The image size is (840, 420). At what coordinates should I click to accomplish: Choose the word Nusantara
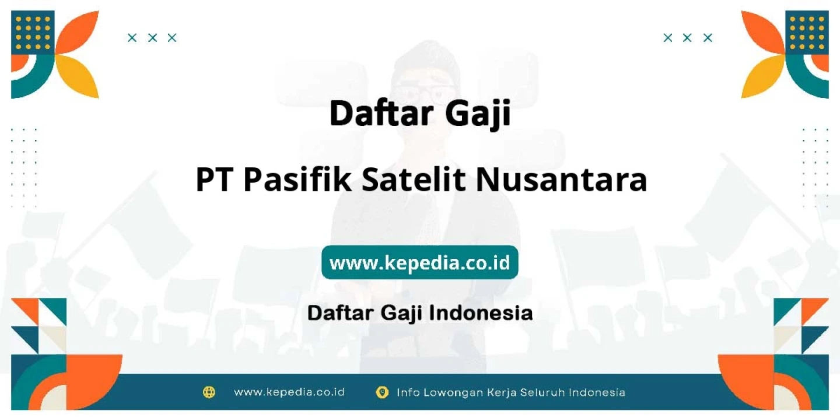click(x=562, y=180)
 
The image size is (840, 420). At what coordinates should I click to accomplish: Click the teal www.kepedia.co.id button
click(x=419, y=262)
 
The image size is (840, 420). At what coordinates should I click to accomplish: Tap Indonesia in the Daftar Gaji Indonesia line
click(x=481, y=313)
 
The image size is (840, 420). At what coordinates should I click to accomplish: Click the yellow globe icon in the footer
click(x=209, y=392)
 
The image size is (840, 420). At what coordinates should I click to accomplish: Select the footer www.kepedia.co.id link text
click(x=289, y=392)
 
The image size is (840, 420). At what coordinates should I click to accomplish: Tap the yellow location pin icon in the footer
click(x=381, y=393)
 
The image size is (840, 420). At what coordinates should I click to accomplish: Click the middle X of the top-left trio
click(x=152, y=38)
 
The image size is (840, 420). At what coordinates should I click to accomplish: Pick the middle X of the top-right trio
click(x=687, y=38)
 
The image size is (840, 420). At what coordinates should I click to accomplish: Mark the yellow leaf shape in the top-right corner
click(x=761, y=76)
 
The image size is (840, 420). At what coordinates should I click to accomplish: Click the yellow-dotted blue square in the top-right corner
click(x=807, y=32)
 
